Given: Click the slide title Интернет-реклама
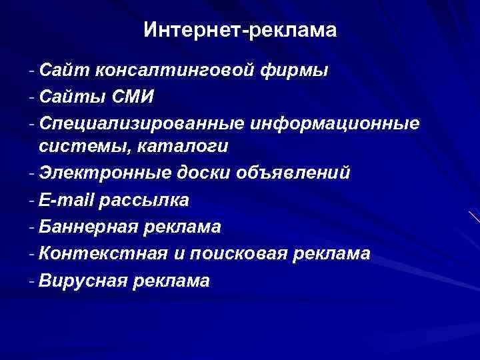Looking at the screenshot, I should point(240,30).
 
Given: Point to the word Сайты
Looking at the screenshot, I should point(69,97).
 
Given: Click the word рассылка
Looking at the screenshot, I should point(147,200).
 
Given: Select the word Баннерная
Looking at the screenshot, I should point(87,227).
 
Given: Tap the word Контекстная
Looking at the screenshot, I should point(97,254).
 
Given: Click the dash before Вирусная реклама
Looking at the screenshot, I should point(32,281).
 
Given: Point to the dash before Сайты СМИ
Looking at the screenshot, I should point(32,97).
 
